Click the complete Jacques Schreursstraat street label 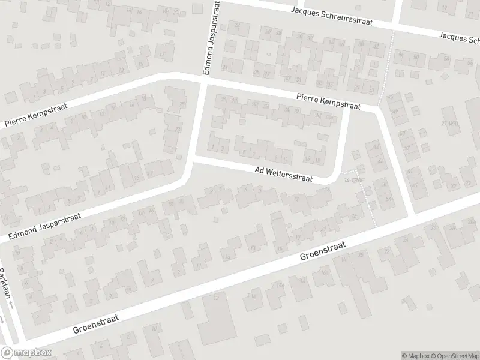click(x=331, y=16)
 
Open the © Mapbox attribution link click(x=415, y=355)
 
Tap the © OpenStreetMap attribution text click(x=454, y=355)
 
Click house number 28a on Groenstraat click(x=468, y=223)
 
